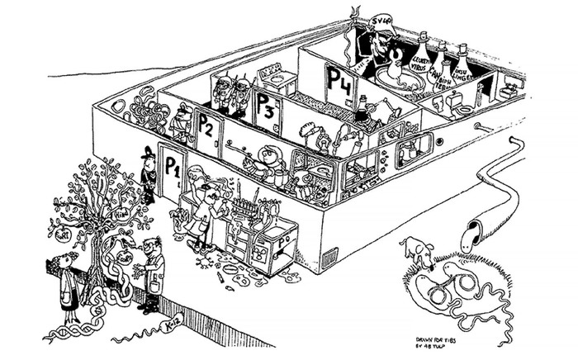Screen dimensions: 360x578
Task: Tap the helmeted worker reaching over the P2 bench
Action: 269,158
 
